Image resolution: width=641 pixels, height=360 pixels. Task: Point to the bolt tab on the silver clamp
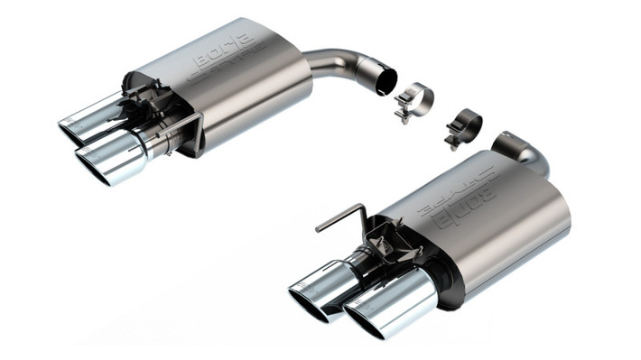click(402, 115)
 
